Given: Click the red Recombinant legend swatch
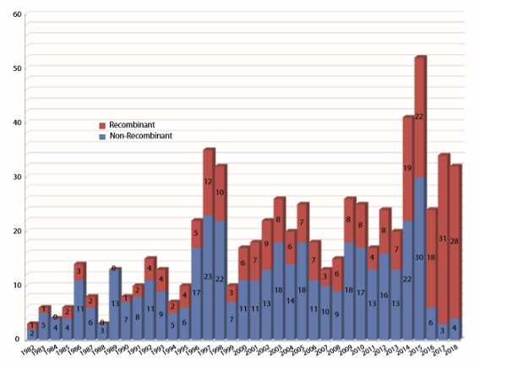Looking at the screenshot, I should click(102, 123).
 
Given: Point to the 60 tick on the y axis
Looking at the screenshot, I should click(16, 15).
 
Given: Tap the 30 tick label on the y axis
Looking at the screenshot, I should click(16, 176).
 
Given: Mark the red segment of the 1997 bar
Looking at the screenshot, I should click(207, 182).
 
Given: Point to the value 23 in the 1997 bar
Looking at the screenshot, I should click(207, 275).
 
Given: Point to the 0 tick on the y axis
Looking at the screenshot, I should click(18, 338).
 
